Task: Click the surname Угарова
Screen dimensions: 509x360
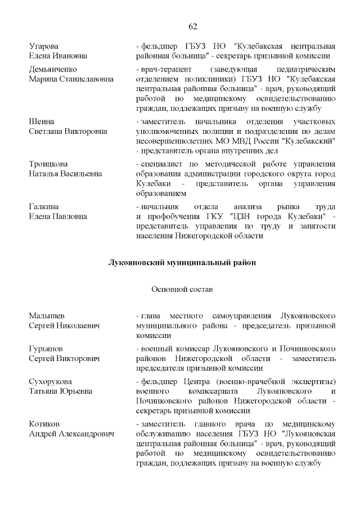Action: (44, 46)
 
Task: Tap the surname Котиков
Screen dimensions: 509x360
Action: (44, 424)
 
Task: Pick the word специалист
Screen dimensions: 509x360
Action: (161, 164)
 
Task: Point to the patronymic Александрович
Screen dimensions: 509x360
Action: (84, 434)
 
